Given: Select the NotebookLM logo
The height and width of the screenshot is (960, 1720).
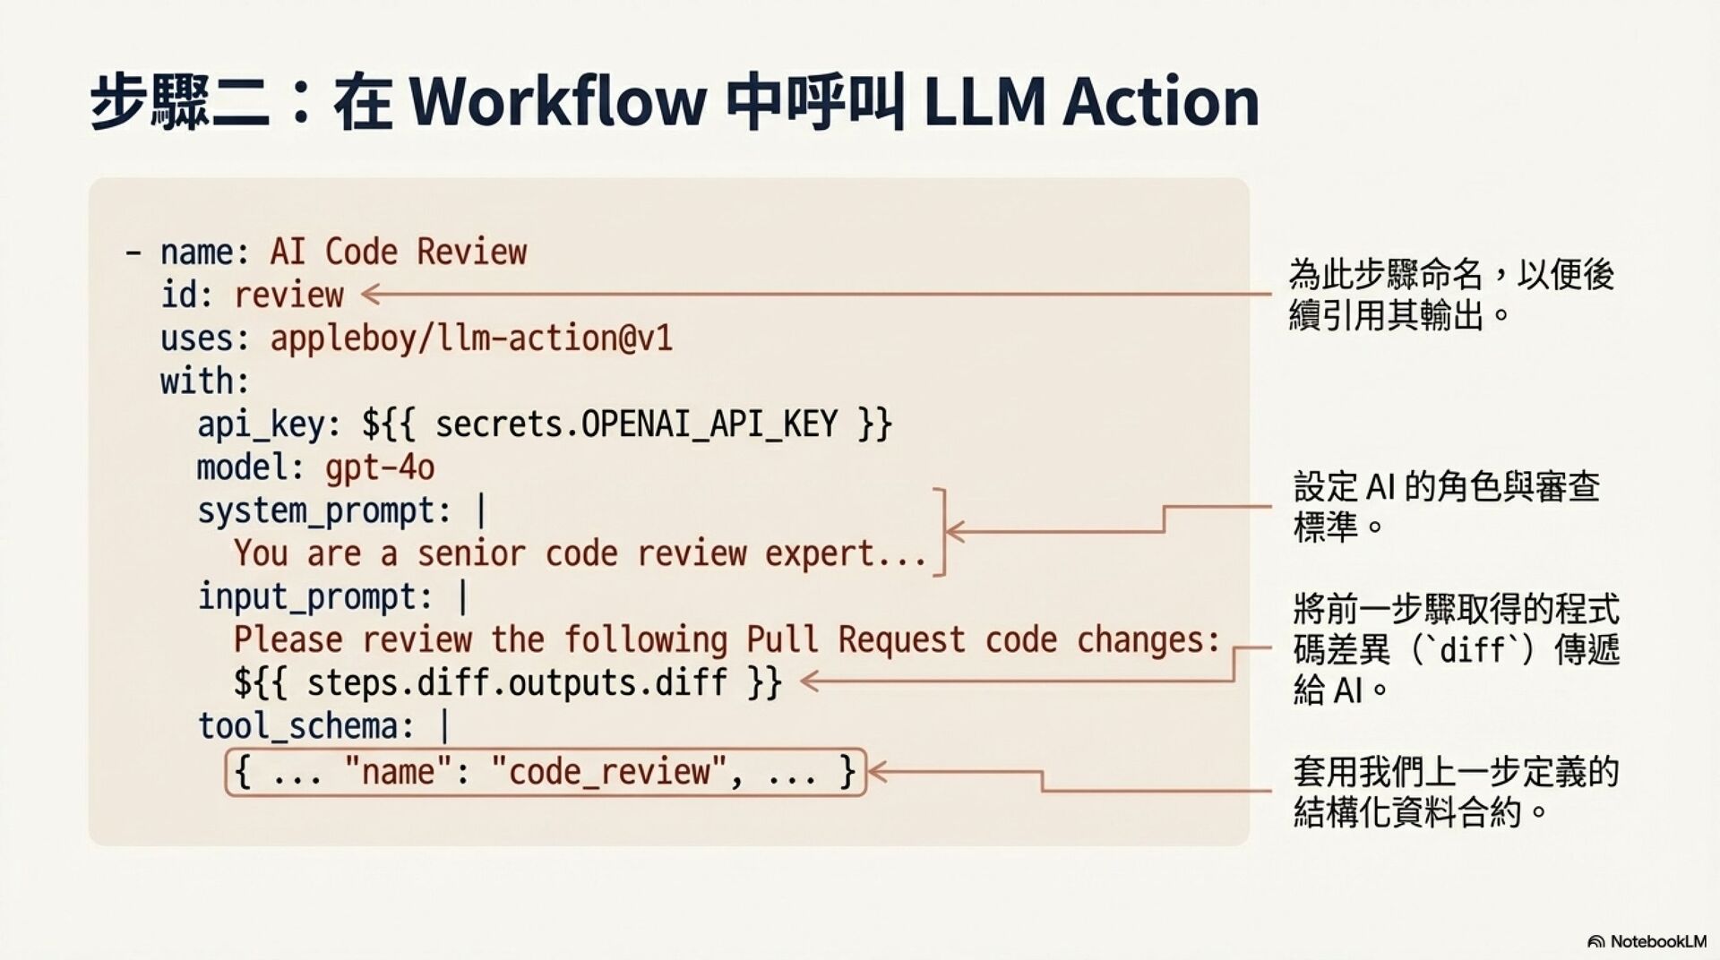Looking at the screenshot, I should (x=1647, y=941).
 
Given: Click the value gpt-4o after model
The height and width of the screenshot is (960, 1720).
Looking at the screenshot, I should (x=380, y=467).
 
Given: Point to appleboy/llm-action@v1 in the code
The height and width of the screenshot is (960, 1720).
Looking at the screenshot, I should (x=471, y=339).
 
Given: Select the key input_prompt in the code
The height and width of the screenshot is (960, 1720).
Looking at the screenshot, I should (x=315, y=596).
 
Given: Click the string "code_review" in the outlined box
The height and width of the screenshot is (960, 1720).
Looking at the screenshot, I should (x=607, y=771).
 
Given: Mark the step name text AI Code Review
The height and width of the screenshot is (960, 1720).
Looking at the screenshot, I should (x=398, y=252).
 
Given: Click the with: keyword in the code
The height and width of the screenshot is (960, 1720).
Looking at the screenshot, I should (x=204, y=381).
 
